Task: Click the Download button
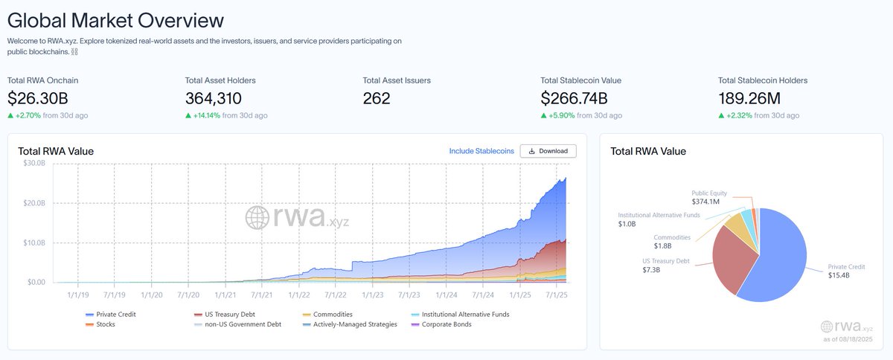pos(548,151)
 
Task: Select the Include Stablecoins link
pos(481,151)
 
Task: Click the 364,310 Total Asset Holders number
pos(213,98)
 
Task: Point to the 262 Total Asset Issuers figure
pos(377,98)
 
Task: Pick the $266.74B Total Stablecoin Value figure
pos(574,98)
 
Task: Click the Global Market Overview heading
pos(115,20)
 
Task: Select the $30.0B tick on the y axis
pos(35,164)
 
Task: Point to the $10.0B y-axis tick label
pos(35,243)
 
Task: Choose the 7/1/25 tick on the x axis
pos(557,295)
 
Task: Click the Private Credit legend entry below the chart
pos(115,315)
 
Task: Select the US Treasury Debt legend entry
pos(226,315)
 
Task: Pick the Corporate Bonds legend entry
pos(446,324)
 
